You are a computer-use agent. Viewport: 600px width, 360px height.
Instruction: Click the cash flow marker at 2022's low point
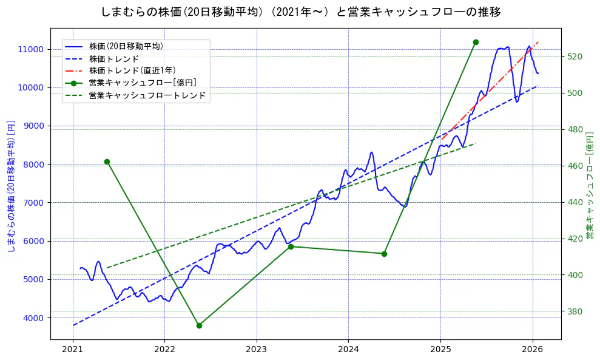pyautogui.click(x=199, y=325)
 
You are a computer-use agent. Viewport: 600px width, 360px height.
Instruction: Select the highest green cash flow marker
pyautogui.click(x=476, y=42)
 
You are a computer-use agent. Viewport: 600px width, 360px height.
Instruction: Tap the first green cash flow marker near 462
pyautogui.click(x=107, y=161)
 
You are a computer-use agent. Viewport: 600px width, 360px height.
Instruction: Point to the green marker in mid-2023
pyautogui.click(x=291, y=246)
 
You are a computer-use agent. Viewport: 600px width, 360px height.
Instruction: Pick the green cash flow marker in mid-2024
pyautogui.click(x=384, y=254)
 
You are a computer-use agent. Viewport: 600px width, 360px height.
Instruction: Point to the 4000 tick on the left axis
pyautogui.click(x=34, y=318)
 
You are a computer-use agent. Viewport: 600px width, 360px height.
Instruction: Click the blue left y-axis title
pyautogui.click(x=10, y=185)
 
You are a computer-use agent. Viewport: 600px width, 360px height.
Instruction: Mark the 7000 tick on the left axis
pyautogui.click(x=34, y=203)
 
